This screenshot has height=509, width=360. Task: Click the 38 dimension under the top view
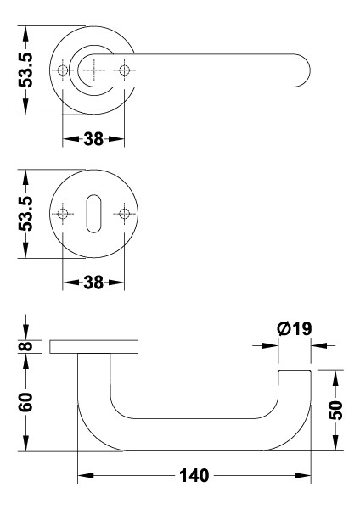[x=93, y=138]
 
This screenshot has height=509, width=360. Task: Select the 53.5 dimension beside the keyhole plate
[x=27, y=213]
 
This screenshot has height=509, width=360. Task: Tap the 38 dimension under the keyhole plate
[x=93, y=282]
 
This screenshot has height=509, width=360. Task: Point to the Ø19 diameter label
[x=295, y=327]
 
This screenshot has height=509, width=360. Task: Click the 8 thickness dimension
[x=27, y=346]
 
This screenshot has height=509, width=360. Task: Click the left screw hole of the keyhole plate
[x=62, y=213]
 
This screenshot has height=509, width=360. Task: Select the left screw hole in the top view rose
[x=62, y=70]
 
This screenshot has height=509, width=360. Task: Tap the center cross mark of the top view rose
[x=93, y=70]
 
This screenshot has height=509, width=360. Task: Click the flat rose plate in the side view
[x=93, y=346]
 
